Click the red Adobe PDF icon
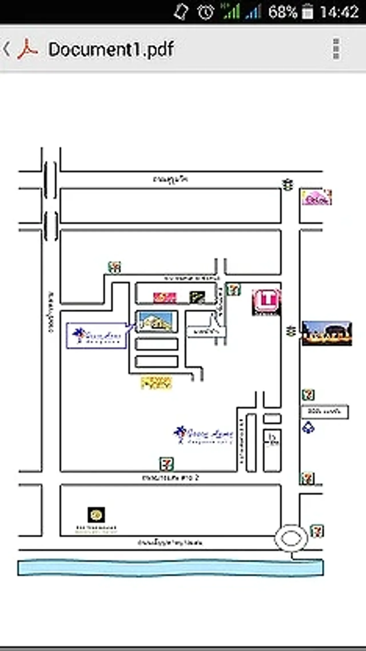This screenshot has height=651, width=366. [x=27, y=49]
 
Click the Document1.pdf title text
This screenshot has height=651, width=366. [x=111, y=49]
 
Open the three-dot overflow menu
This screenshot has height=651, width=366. [x=336, y=49]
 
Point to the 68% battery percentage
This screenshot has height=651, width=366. [x=283, y=12]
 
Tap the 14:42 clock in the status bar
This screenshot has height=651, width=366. [x=339, y=12]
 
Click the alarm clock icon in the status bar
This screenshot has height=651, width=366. [x=206, y=12]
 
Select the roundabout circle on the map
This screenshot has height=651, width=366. [x=291, y=538]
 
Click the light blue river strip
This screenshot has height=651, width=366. [x=170, y=568]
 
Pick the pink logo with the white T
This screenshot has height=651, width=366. [x=266, y=301]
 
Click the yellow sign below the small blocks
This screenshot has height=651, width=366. [x=156, y=383]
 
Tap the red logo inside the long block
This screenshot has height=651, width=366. [x=165, y=297]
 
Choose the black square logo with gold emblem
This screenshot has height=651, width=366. [x=96, y=515]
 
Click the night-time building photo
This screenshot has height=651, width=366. [x=327, y=333]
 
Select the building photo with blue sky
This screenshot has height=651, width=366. [x=156, y=321]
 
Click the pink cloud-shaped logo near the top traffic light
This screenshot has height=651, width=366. [x=317, y=197]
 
